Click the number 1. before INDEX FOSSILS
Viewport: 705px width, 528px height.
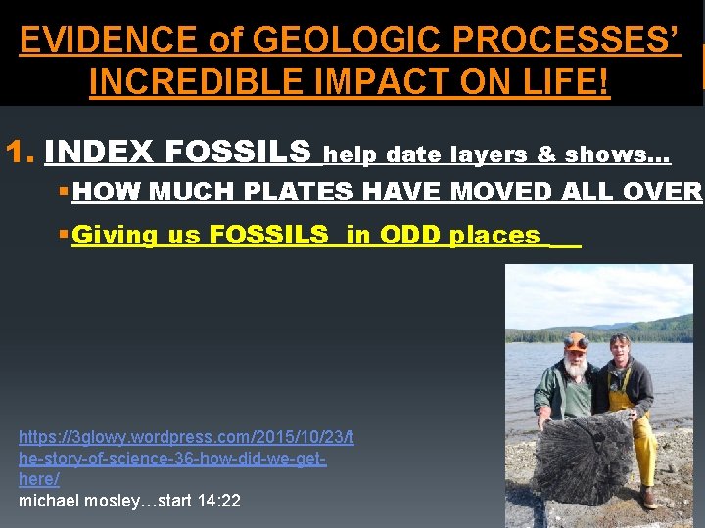point(21,153)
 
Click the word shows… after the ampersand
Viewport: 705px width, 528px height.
point(617,154)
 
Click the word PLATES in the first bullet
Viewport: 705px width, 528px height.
point(293,193)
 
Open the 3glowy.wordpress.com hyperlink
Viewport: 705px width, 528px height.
point(186,458)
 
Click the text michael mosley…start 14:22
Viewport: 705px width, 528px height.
point(129,501)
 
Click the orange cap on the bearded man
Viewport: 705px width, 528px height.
point(576,342)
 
